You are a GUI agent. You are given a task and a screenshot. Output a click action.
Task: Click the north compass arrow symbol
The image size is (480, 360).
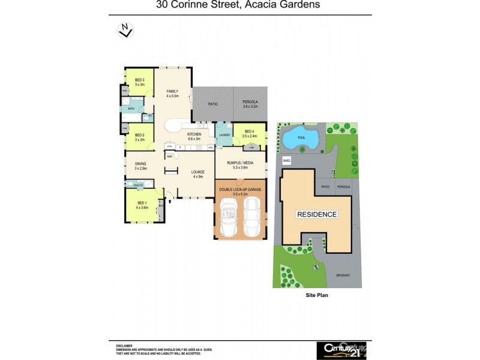pos(125,30)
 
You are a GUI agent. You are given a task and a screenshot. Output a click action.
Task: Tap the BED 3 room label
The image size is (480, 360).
pos(140,82)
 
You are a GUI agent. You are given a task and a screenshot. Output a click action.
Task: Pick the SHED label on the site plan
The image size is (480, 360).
pos(286,161)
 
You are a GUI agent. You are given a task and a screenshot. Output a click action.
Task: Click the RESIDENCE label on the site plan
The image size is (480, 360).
pos(317,214)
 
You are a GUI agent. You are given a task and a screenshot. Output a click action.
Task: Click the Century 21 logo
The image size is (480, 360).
pos(341,349)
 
